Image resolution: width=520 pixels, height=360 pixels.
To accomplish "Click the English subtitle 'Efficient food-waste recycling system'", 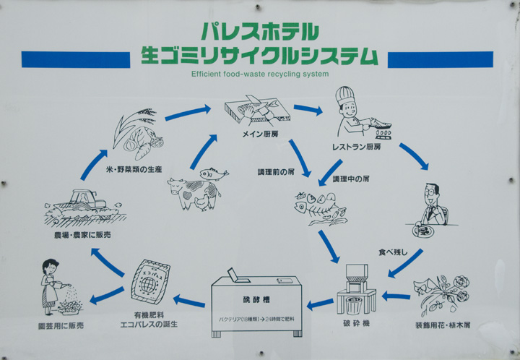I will [x=260, y=74].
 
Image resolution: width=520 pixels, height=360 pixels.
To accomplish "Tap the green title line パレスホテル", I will [x=259, y=31].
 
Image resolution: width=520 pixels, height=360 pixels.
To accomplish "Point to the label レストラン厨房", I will [x=356, y=146].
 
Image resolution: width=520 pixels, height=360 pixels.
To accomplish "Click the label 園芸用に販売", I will [x=61, y=326].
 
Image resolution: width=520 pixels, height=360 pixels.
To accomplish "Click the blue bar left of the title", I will [x=75, y=59].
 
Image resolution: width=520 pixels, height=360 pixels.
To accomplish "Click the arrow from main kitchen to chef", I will [x=308, y=110].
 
